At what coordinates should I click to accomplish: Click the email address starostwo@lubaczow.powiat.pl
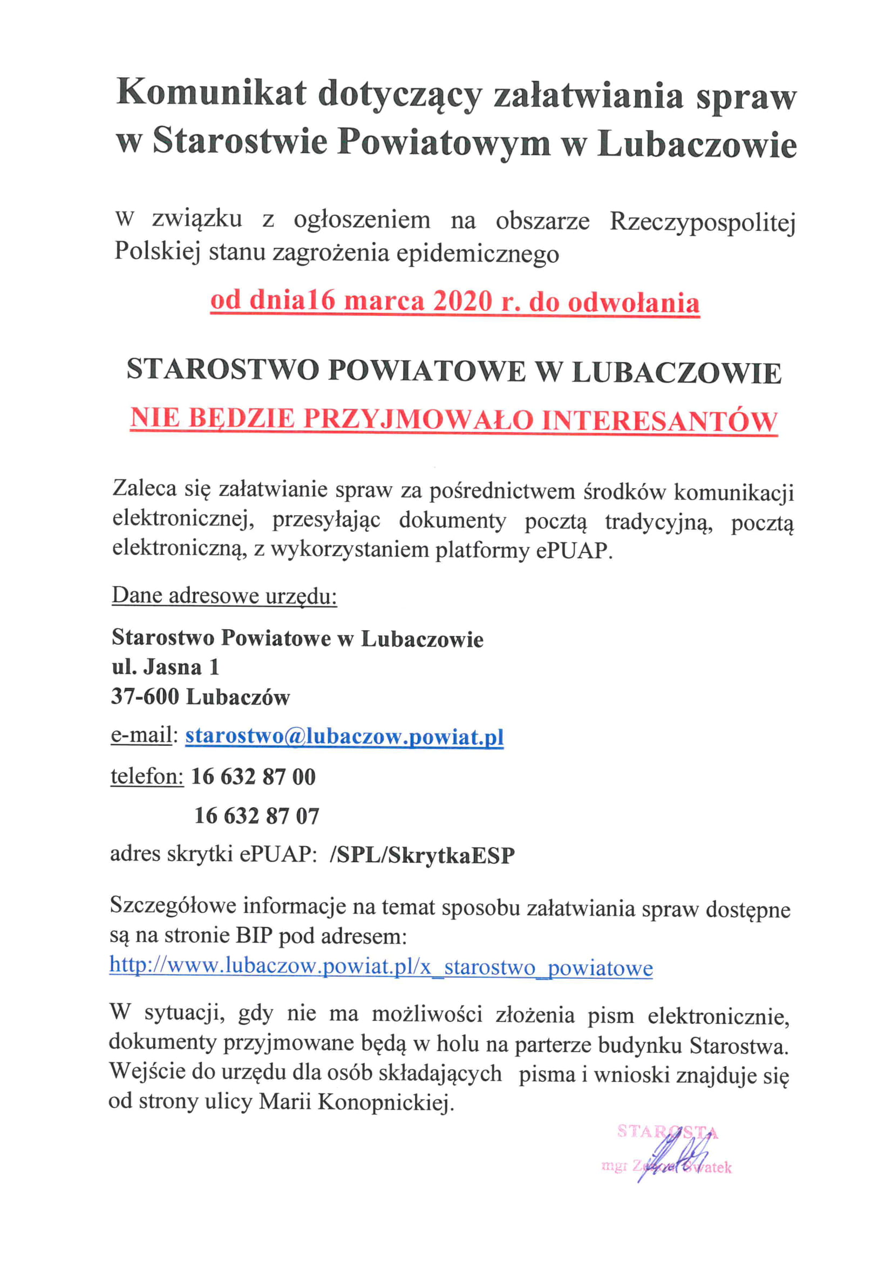[x=344, y=737]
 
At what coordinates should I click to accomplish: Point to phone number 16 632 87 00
[x=253, y=776]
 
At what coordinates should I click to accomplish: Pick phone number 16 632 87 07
[x=256, y=816]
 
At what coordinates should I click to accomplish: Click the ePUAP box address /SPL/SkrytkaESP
[x=422, y=855]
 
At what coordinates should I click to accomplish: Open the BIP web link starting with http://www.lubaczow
[x=381, y=966]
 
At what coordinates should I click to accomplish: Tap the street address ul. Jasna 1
[x=165, y=667]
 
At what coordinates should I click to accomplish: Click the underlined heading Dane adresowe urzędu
[x=224, y=595]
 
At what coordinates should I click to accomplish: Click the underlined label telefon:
[x=147, y=776]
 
